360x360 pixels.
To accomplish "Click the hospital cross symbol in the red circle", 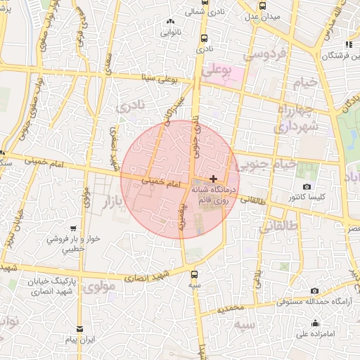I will [x=214, y=179].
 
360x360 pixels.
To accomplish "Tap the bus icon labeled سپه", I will [x=195, y=275].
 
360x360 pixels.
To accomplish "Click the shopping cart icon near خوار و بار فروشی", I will [x=74, y=229].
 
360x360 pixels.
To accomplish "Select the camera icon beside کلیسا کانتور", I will [x=307, y=186].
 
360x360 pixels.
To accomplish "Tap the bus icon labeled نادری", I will [x=204, y=39].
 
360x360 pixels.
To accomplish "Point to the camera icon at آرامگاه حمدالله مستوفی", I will [x=314, y=290].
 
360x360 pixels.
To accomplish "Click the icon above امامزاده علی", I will [x=314, y=323].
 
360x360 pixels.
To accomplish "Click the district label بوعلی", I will [x=215, y=71].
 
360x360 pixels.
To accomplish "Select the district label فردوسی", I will [x=263, y=53].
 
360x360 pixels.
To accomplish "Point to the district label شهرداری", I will [x=295, y=127].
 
